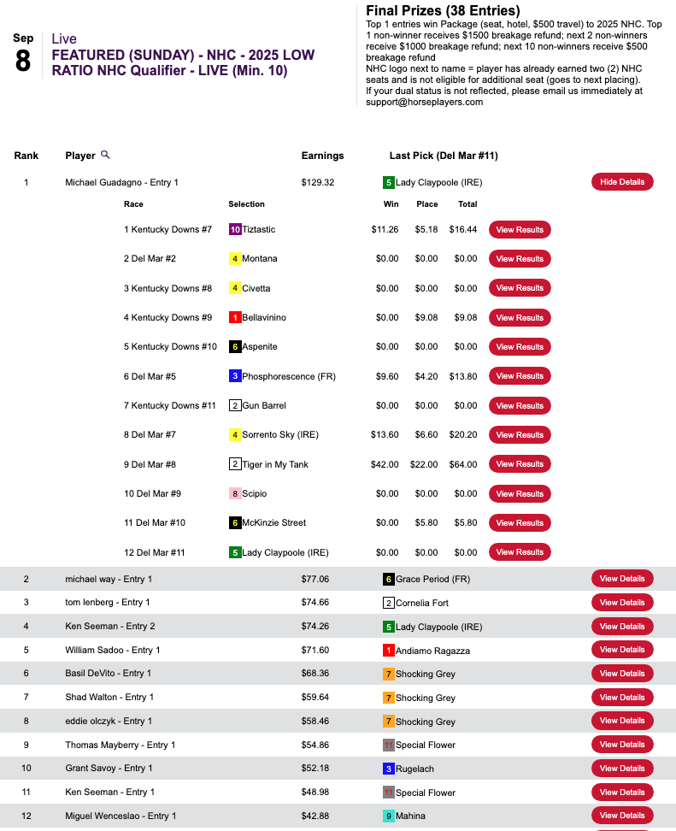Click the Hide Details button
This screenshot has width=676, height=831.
(x=622, y=182)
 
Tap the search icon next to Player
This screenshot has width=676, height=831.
(x=105, y=155)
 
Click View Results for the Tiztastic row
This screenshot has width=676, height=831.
(x=520, y=229)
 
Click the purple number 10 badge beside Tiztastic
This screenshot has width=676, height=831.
(x=235, y=229)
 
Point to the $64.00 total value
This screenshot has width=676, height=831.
(x=466, y=464)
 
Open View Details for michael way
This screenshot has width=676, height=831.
(x=622, y=579)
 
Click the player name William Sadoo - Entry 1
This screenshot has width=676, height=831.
(x=113, y=650)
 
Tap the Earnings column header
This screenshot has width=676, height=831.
(x=322, y=156)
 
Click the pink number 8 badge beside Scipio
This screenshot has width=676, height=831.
(x=235, y=493)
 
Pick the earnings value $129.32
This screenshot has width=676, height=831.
(x=318, y=182)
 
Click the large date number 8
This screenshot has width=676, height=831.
(x=23, y=62)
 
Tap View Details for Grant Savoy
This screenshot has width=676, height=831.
(x=622, y=768)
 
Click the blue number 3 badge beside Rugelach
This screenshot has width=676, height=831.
(x=388, y=769)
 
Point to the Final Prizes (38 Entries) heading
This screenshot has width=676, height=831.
(x=443, y=11)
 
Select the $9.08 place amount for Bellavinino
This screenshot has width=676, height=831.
(x=426, y=317)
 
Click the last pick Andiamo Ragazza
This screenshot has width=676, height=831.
(x=432, y=651)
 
